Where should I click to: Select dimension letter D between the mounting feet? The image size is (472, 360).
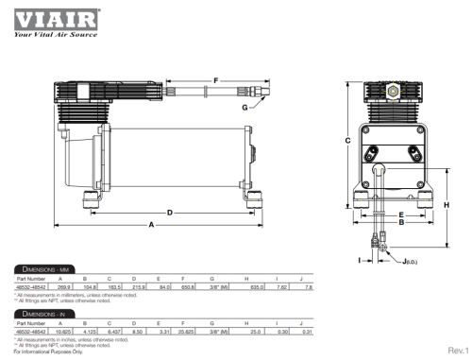pyautogui.click(x=169, y=213)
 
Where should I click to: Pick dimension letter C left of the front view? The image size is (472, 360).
pyautogui.click(x=347, y=140)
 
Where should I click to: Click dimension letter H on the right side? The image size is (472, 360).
pyautogui.click(x=448, y=204)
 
